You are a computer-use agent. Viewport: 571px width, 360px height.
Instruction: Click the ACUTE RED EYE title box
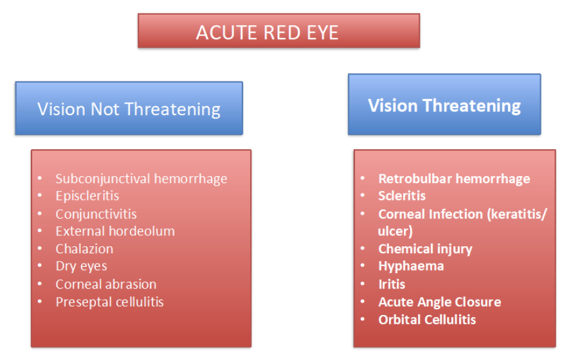point(278,31)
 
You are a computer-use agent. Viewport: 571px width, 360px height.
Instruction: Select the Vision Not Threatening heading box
point(129,108)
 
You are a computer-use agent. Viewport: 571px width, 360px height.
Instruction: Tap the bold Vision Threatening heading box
point(444,105)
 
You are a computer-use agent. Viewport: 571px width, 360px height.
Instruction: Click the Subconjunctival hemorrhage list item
point(141,179)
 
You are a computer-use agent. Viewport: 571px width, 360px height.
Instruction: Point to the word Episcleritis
point(87,196)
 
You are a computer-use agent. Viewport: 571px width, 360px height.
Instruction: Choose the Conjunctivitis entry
point(96,214)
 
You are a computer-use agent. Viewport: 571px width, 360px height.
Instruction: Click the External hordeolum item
point(115,231)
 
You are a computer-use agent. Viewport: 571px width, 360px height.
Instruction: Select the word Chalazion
point(84,249)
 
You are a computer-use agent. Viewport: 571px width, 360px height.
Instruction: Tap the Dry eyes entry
point(82,266)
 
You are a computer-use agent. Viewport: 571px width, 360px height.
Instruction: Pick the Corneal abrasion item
point(106,284)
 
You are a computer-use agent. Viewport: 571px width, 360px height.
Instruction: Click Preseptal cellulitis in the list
point(109,302)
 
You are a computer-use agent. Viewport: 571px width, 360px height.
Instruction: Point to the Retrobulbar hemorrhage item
point(454,179)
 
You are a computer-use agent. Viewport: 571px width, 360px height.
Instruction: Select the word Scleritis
point(402,196)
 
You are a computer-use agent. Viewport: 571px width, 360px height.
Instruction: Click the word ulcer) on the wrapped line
point(395,231)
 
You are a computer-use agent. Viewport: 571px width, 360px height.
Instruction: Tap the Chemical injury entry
point(425,249)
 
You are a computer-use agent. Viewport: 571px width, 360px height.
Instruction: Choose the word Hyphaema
point(411,266)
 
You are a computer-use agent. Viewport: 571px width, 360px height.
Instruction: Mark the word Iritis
point(392,284)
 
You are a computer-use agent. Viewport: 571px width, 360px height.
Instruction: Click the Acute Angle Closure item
point(440,302)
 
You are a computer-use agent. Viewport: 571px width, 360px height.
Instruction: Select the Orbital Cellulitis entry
point(427,319)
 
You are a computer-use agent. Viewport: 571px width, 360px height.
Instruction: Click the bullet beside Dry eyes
point(40,266)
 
